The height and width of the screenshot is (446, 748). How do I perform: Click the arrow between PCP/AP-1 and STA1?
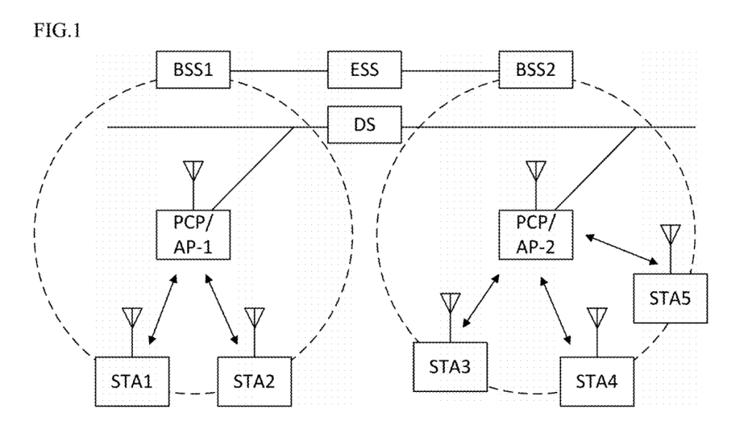click(162, 310)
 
